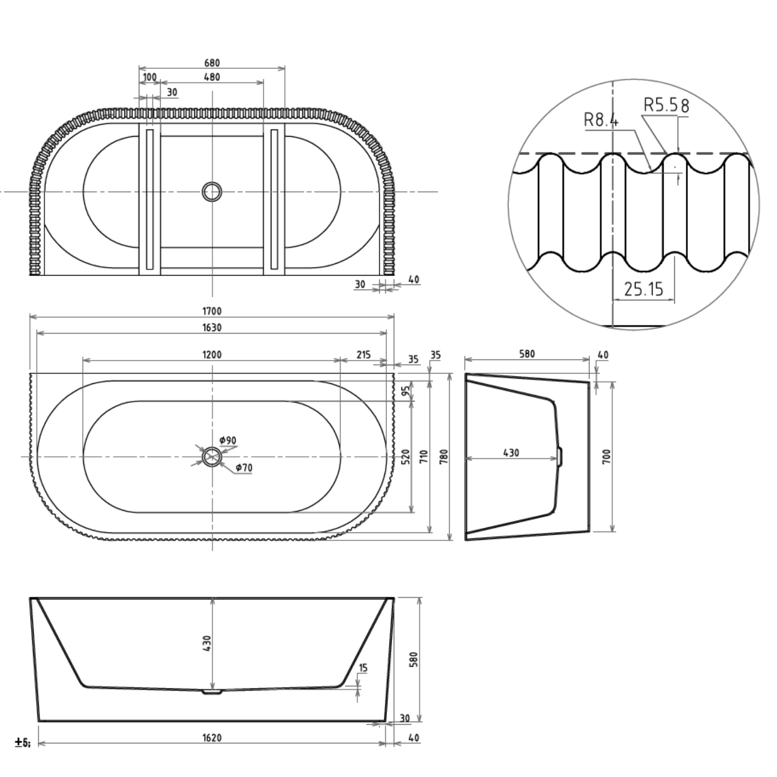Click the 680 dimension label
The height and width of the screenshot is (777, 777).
click(212, 63)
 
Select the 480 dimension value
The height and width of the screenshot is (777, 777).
click(212, 77)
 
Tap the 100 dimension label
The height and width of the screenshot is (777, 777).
click(150, 77)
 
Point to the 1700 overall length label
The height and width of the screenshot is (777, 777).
click(212, 311)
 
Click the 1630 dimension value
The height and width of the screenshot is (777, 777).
click(212, 327)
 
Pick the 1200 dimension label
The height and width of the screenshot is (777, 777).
click(212, 355)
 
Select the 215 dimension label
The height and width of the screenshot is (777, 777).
click(364, 355)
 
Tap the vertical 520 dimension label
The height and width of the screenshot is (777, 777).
click(406, 456)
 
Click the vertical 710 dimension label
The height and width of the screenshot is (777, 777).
click(424, 456)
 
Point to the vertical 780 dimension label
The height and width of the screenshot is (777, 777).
click(444, 456)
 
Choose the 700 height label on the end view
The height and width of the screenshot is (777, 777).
click(607, 456)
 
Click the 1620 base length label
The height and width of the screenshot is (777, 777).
click(212, 738)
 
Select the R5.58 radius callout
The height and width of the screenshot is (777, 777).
click(667, 105)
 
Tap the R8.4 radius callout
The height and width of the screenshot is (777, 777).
click(601, 120)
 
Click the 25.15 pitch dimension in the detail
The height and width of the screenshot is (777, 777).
click(643, 289)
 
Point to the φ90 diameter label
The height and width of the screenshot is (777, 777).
click(228, 440)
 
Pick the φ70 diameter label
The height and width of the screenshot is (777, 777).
click(244, 468)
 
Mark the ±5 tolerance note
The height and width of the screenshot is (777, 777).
click(22, 743)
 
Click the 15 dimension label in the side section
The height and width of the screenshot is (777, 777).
click(363, 668)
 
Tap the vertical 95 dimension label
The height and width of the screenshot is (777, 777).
click(406, 389)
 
